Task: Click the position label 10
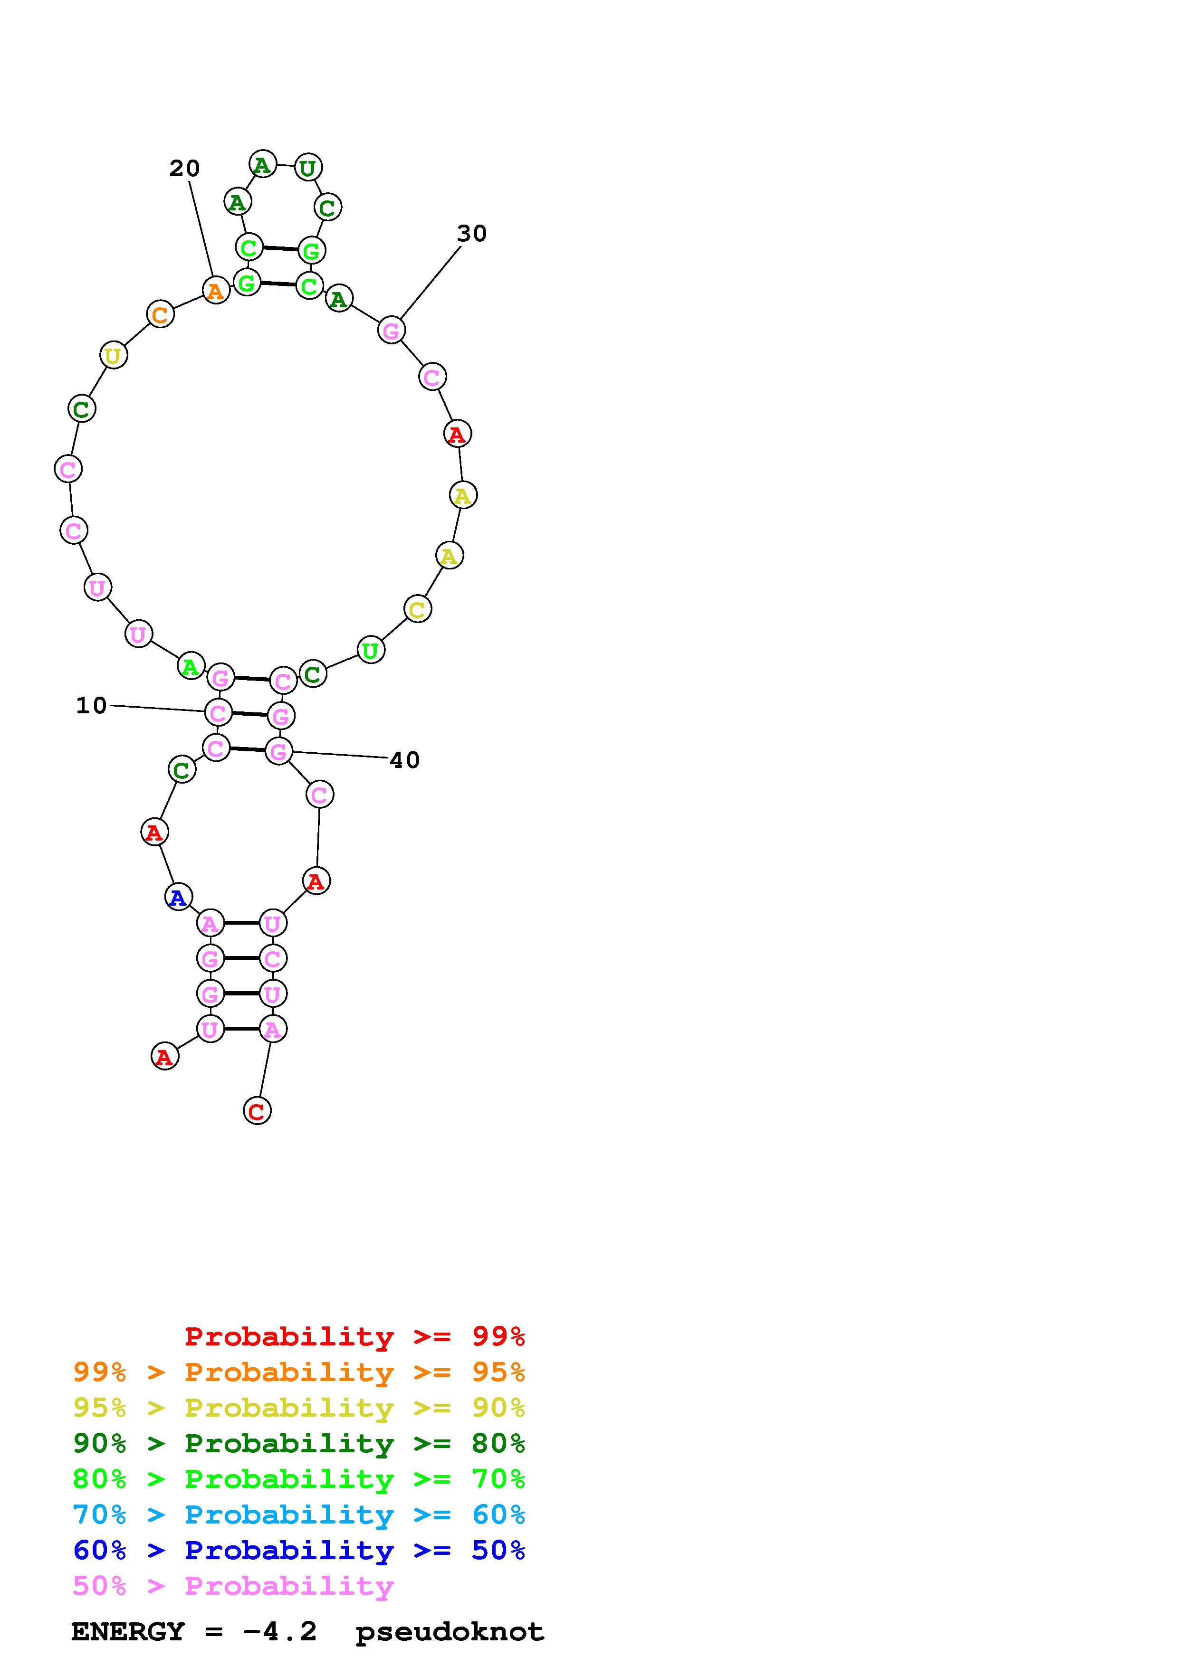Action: coord(91,705)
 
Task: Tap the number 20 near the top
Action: coord(184,168)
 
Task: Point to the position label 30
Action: coord(472,234)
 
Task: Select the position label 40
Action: coord(405,760)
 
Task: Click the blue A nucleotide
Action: coord(178,898)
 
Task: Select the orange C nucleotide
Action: coord(161,314)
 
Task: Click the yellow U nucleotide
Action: coord(113,356)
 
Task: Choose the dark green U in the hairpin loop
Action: coord(308,168)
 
